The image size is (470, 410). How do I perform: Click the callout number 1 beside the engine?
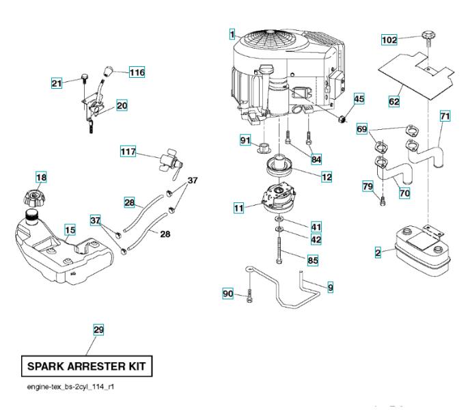tap(232, 33)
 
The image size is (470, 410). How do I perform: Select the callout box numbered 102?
tap(389, 40)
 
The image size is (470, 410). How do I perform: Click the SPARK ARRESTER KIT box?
tap(86, 366)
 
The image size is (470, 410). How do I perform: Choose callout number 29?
tap(98, 330)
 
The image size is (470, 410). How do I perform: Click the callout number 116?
tap(137, 72)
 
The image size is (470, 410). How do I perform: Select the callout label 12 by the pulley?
tap(327, 176)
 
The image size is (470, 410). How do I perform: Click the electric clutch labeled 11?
tap(279, 198)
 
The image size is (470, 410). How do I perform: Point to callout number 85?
tap(314, 260)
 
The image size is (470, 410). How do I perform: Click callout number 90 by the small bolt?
tap(228, 294)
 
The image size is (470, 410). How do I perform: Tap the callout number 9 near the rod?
tap(331, 288)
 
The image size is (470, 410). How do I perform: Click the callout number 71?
tap(445, 116)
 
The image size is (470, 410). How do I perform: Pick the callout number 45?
tap(359, 99)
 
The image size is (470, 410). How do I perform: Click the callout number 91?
tap(245, 140)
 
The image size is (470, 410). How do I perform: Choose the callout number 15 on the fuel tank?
tap(70, 231)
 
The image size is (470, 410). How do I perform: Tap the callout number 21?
tap(57, 83)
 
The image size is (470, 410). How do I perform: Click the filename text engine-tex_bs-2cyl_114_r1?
tap(71, 387)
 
